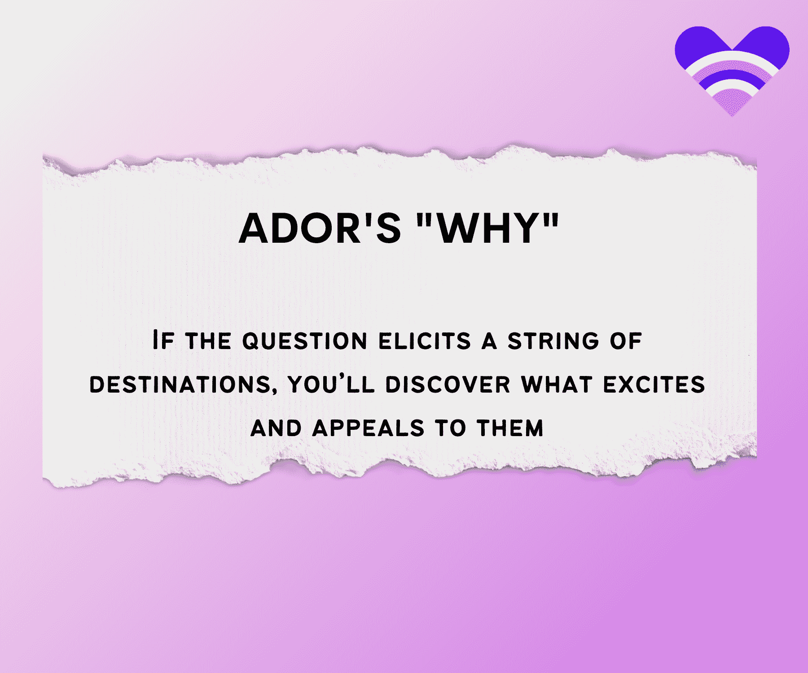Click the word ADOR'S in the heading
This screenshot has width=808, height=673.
point(320,228)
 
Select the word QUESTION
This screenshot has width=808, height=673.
point(305,341)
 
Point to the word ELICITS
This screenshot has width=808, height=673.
point(425,341)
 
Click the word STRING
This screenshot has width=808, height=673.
point(553,341)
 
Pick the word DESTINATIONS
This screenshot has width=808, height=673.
point(180,385)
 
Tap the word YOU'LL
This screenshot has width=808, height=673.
point(331,385)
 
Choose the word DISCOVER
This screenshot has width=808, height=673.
point(448,385)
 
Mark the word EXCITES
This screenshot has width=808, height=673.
point(654,385)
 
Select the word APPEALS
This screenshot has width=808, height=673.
point(368,428)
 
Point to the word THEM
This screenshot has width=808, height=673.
point(510,428)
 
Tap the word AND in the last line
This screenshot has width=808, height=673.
point(276,428)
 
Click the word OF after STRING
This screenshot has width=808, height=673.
point(626,341)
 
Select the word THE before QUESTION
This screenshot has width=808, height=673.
point(208,341)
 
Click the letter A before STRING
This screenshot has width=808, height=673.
point(489,341)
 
